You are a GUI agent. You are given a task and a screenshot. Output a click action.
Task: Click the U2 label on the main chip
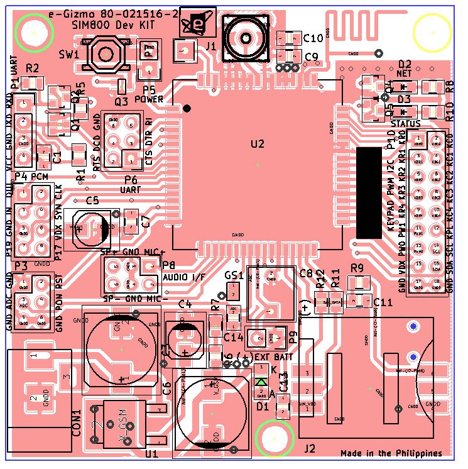pos(258,144)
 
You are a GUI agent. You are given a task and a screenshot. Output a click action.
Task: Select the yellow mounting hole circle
pos(432,32)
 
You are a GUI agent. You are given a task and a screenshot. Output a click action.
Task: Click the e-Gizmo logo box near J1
pos(198,23)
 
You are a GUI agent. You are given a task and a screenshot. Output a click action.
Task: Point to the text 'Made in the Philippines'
pos(391,453)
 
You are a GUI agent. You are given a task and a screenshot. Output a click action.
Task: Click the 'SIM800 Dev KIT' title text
pos(120,24)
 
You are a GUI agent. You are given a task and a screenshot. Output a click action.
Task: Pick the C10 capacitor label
pos(313,38)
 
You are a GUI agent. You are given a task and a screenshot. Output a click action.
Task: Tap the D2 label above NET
pos(405,63)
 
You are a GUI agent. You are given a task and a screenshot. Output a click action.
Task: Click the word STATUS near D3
pos(405,124)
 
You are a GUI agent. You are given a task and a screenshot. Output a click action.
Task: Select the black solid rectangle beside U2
pos(369,193)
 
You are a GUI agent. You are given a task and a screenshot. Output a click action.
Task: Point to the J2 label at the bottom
pos(309,448)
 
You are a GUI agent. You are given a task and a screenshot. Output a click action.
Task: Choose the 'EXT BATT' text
pos(275,357)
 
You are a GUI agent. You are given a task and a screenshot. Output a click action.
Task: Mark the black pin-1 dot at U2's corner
pos(187,109)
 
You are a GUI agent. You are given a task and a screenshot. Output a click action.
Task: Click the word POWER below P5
pos(149,99)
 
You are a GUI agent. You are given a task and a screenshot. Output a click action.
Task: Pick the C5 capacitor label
pos(92,201)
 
